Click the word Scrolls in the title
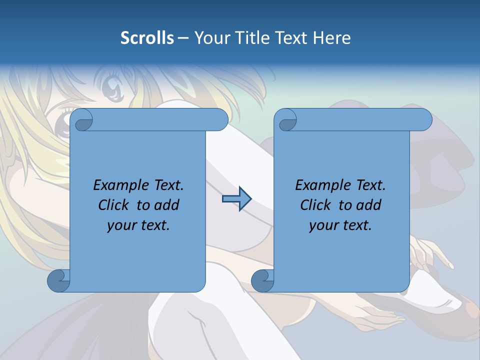click(x=147, y=38)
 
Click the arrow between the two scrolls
click(x=236, y=199)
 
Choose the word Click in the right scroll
click(x=315, y=205)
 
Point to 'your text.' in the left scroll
click(x=138, y=225)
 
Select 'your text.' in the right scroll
click(x=340, y=225)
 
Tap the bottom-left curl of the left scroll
click(x=58, y=280)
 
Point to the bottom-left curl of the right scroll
click(x=262, y=280)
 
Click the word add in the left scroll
click(x=167, y=205)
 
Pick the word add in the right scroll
click(x=369, y=205)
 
